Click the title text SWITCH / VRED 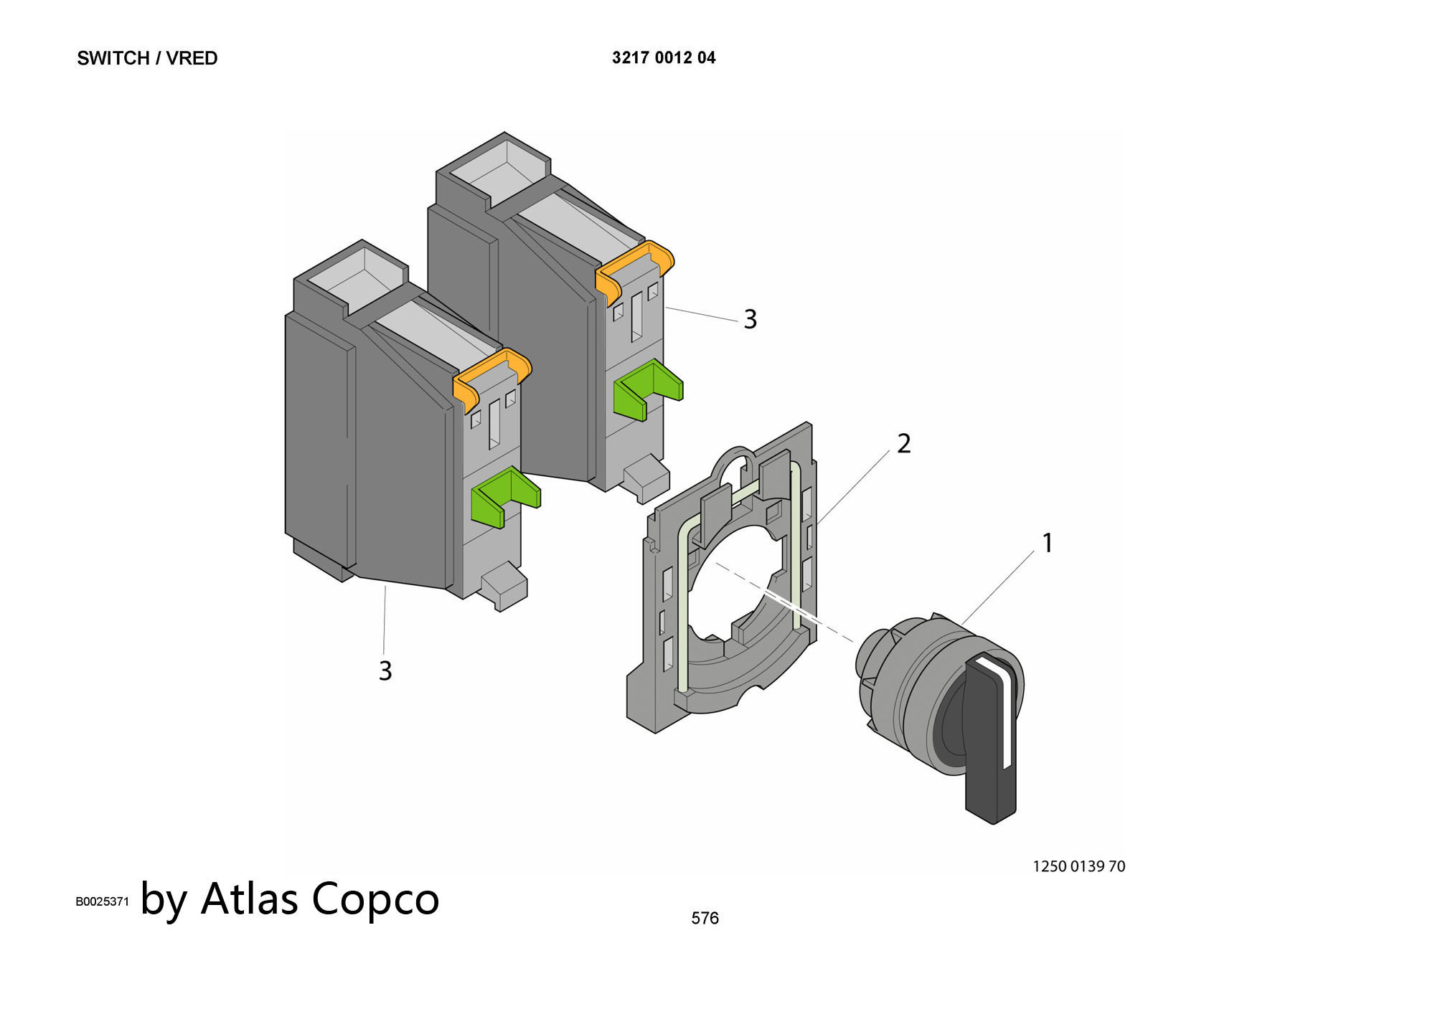pyautogui.click(x=147, y=58)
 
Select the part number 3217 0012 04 pyautogui.click(x=664, y=58)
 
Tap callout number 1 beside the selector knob pyautogui.click(x=1048, y=543)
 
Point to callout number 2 pyautogui.click(x=904, y=443)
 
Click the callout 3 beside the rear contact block pyautogui.click(x=750, y=319)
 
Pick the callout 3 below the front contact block pyautogui.click(x=385, y=671)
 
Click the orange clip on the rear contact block pyautogui.click(x=635, y=269)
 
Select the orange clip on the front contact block pyautogui.click(x=492, y=376)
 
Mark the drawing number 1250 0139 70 pyautogui.click(x=1078, y=866)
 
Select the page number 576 pyautogui.click(x=705, y=918)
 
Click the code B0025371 pyautogui.click(x=102, y=901)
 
